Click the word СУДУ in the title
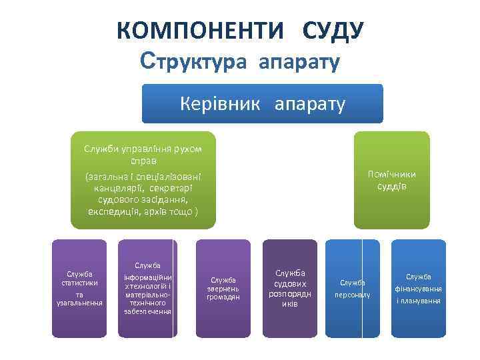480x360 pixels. (x=332, y=31)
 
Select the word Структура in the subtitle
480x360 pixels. (x=194, y=62)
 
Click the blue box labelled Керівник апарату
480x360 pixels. (x=262, y=104)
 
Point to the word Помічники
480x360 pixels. (x=391, y=174)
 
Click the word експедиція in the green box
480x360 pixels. (x=117, y=211)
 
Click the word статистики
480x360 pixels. (x=79, y=283)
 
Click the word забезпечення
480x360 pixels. (x=147, y=311)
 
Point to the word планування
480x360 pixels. (x=418, y=301)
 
